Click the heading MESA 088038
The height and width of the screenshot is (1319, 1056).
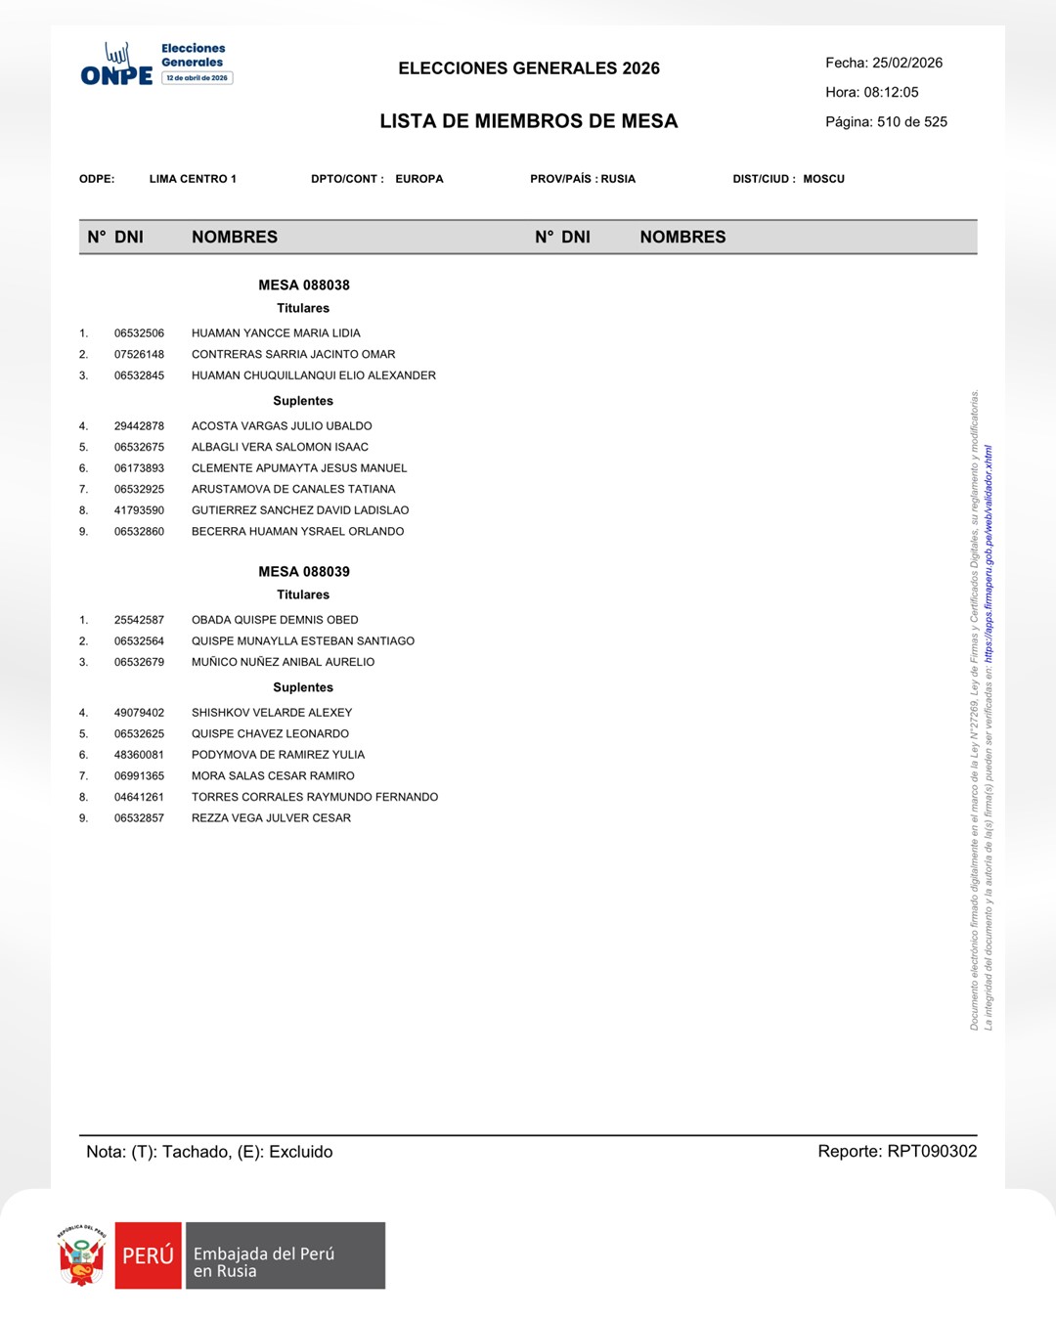pyautogui.click(x=304, y=286)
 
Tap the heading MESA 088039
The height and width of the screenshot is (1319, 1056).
pyautogui.click(x=304, y=572)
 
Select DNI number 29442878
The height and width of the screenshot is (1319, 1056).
pyautogui.click(x=139, y=426)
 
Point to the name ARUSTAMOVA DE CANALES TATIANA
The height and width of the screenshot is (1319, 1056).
pyautogui.click(x=293, y=490)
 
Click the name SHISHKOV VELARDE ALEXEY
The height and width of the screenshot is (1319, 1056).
pyautogui.click(x=272, y=713)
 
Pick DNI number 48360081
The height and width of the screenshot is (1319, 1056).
pyautogui.click(x=139, y=755)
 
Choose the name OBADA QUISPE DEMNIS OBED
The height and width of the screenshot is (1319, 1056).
pyautogui.click(x=275, y=620)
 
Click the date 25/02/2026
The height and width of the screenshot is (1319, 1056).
pyautogui.click(x=907, y=64)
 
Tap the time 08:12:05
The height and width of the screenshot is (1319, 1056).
pyautogui.click(x=891, y=93)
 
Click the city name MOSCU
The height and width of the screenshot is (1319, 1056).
pyautogui.click(x=823, y=179)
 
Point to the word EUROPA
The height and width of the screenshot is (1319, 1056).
pyautogui.click(x=419, y=179)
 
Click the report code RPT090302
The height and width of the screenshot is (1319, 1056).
pyautogui.click(x=932, y=1152)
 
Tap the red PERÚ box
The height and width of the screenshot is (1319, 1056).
pyautogui.click(x=148, y=1255)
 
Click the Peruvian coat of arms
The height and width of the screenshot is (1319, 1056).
pyautogui.click(x=82, y=1255)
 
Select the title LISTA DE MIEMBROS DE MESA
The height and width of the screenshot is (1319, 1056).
pyautogui.click(x=528, y=121)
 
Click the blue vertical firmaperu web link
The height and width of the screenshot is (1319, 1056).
pyautogui.click(x=989, y=553)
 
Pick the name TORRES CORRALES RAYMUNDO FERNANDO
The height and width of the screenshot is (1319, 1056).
pyautogui.click(x=315, y=797)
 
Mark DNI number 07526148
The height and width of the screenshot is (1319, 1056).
pyautogui.click(x=139, y=355)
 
